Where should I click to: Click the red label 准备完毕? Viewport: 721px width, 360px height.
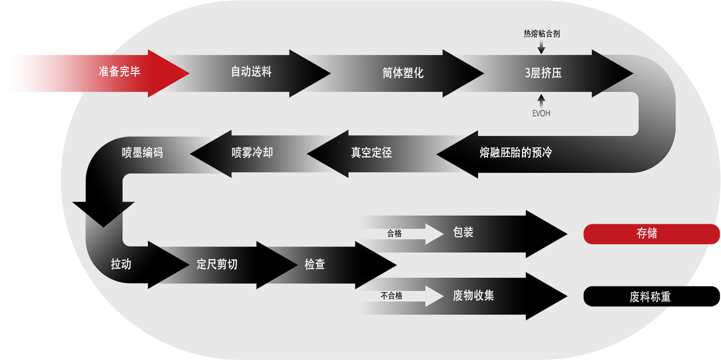click(119, 72)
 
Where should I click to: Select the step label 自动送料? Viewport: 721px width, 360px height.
click(251, 72)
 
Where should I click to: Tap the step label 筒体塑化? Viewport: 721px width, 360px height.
click(403, 73)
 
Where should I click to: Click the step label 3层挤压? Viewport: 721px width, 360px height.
click(543, 73)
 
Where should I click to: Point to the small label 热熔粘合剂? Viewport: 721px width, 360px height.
click(541, 34)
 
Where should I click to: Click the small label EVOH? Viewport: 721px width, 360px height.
click(541, 114)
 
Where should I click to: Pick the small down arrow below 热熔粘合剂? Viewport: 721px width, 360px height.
click(541, 47)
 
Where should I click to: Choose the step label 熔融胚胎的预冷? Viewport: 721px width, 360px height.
click(516, 153)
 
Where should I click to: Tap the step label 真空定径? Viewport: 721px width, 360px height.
click(371, 153)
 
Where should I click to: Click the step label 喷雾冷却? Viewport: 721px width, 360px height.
click(252, 153)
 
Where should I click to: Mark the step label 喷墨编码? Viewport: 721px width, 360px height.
click(142, 153)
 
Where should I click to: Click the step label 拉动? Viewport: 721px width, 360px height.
click(121, 264)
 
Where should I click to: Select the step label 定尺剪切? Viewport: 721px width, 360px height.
click(217, 264)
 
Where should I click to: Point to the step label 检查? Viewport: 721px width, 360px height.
click(315, 264)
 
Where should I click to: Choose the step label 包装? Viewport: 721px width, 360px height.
click(463, 232)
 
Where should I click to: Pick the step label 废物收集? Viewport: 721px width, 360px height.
click(473, 295)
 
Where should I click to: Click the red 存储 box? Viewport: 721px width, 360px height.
click(647, 234)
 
